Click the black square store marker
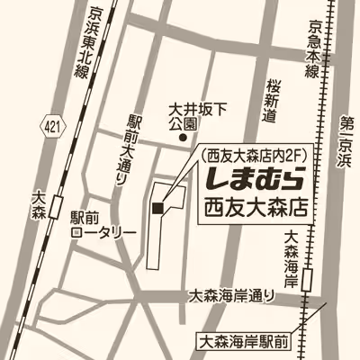tap(157, 210)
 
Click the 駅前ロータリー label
tap(103, 225)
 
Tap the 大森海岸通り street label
tap(238, 295)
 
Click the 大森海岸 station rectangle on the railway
tap(309, 279)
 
